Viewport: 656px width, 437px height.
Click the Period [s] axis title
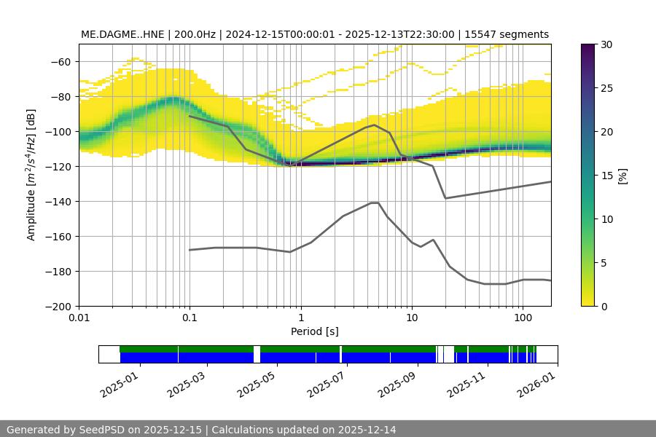(x=314, y=331)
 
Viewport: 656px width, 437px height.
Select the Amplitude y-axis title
(x=31, y=176)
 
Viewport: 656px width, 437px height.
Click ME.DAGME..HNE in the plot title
(x=122, y=34)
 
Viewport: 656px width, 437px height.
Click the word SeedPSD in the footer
(x=101, y=430)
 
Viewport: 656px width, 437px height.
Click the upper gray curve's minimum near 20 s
(x=445, y=198)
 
